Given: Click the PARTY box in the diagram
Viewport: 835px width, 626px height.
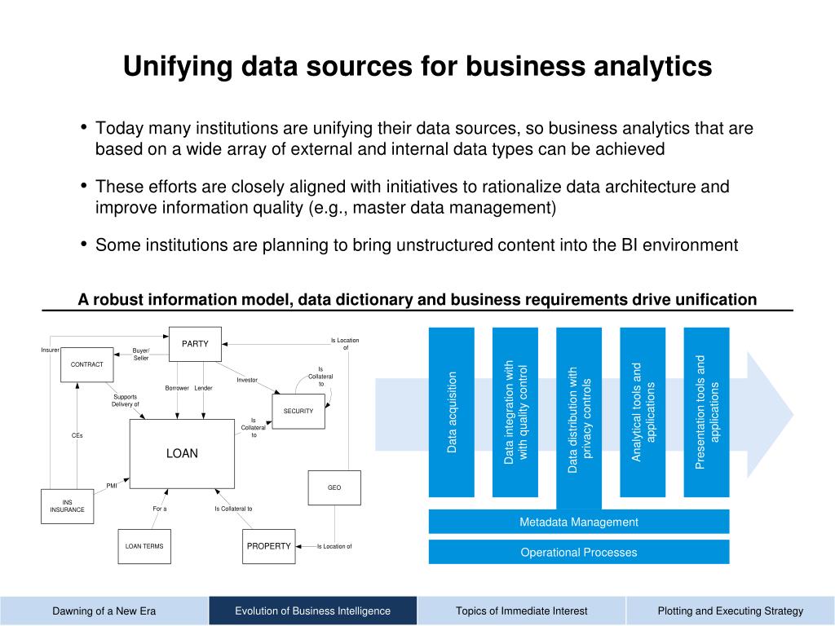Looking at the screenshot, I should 195,344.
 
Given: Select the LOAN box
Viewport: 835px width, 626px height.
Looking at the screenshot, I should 182,453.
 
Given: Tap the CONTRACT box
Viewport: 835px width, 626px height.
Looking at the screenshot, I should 87,364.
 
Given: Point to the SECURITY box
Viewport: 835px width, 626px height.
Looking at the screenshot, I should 298,411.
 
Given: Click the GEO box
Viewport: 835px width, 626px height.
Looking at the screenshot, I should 334,487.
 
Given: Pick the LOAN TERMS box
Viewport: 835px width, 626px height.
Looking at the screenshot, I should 144,546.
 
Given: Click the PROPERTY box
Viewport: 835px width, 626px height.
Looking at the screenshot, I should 269,546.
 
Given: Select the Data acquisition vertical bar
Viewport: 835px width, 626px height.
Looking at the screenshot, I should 452,412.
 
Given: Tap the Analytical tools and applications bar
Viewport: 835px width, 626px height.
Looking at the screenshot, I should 643,412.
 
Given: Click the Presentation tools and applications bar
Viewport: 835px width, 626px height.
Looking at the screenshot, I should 706,412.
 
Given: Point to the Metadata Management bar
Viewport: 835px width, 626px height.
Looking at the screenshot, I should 579,522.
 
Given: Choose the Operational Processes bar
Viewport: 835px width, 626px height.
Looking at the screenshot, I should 579,552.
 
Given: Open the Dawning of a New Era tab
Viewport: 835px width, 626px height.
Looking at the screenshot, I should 104,611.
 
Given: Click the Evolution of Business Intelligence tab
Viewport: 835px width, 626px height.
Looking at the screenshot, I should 313,611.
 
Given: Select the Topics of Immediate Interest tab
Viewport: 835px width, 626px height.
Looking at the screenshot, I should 522,611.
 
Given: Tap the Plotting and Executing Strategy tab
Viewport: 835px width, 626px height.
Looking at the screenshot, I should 731,611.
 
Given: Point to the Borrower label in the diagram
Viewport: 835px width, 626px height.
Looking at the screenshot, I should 177,388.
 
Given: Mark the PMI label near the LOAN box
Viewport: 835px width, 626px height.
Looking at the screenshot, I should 112,485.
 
